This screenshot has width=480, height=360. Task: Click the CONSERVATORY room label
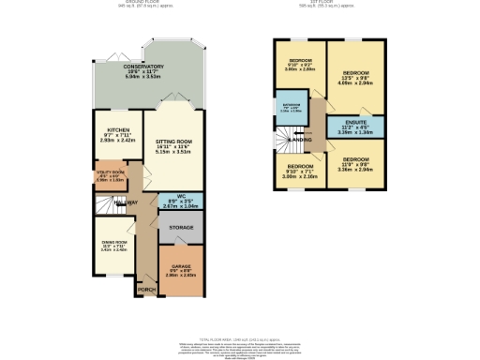144,67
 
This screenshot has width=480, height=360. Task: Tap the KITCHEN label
117,132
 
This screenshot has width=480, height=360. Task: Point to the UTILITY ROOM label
109,174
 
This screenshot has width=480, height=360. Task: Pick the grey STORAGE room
181,228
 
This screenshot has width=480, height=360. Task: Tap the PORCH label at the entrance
147,290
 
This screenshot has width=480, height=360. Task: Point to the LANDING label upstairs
303,141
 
